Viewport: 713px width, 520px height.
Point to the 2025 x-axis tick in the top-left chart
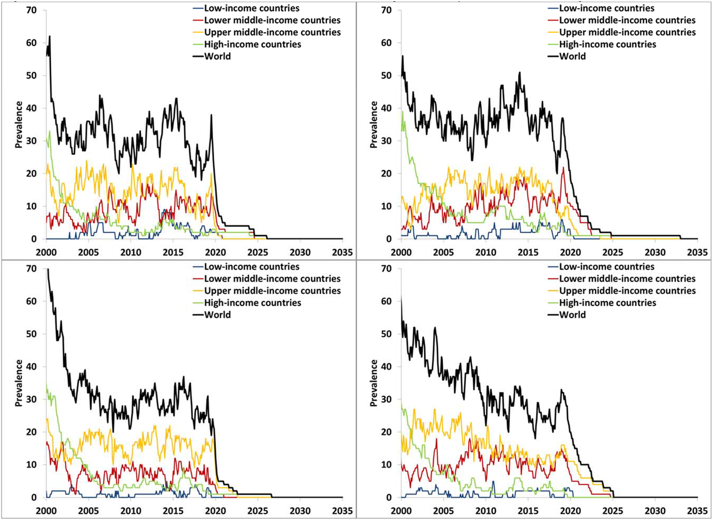coord(258,252)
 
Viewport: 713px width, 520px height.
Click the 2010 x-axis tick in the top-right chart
coord(486,252)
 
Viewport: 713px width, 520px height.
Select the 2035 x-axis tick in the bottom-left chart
coord(342,510)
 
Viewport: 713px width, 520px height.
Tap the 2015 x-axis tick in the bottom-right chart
coord(528,510)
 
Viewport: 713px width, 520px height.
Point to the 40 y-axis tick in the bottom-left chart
coord(31,367)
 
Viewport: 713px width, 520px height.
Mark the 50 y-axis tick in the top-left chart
coord(31,76)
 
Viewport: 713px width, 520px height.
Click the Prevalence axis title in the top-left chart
coord(19,125)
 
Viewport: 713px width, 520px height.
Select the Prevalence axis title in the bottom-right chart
coord(374,383)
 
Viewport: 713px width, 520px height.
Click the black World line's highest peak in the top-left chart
coord(50,36)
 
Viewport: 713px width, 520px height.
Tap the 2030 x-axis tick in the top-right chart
coord(655,252)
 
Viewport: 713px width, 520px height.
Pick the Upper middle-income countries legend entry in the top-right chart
coord(627,32)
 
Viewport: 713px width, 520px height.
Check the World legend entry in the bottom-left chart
coord(217,315)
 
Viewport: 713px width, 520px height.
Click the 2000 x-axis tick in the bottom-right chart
coord(401,510)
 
